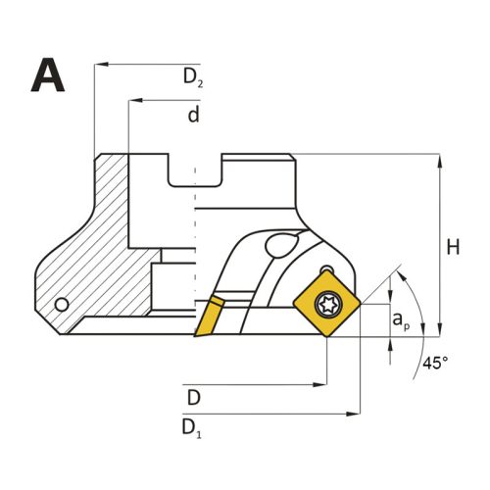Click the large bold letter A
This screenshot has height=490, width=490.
click(48, 75)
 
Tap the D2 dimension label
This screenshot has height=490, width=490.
click(193, 78)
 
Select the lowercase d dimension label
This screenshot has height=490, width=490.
click(193, 114)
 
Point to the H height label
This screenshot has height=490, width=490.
click(453, 247)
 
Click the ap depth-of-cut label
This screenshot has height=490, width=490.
click(401, 320)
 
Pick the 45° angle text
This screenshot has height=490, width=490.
click(435, 363)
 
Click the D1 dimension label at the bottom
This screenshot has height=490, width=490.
click(191, 428)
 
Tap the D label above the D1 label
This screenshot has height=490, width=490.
click(193, 398)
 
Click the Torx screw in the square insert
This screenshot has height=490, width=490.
click(327, 305)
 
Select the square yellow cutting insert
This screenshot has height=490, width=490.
click(327, 304)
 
